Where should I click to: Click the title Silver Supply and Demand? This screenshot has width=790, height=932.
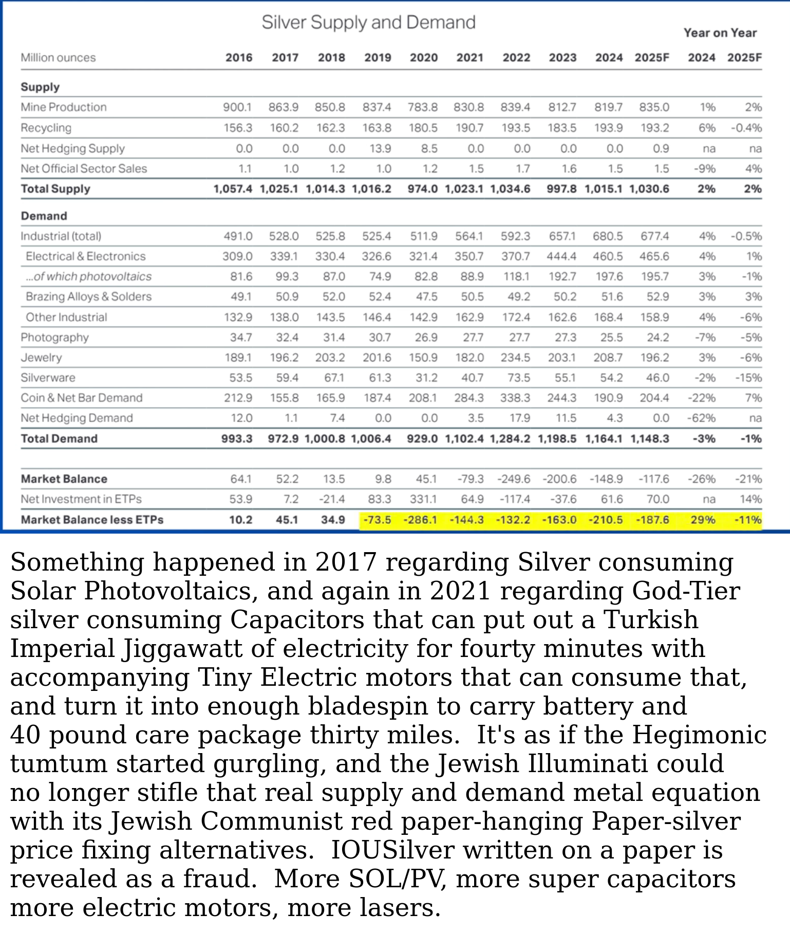click(368, 23)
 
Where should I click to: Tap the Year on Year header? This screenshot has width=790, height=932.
click(720, 33)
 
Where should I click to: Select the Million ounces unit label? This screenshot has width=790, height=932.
click(58, 58)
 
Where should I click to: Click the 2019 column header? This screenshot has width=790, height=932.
click(378, 58)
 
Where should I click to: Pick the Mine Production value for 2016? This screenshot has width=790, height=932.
click(237, 107)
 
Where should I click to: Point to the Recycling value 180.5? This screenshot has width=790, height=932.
click(423, 127)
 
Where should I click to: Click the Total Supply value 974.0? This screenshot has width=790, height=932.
click(422, 189)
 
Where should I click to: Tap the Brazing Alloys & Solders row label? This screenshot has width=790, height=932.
click(88, 297)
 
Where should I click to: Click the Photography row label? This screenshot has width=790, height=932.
click(54, 337)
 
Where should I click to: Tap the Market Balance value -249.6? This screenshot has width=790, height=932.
click(514, 479)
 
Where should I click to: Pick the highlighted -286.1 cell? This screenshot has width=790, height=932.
click(420, 520)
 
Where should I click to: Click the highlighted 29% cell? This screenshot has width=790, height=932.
click(703, 520)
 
